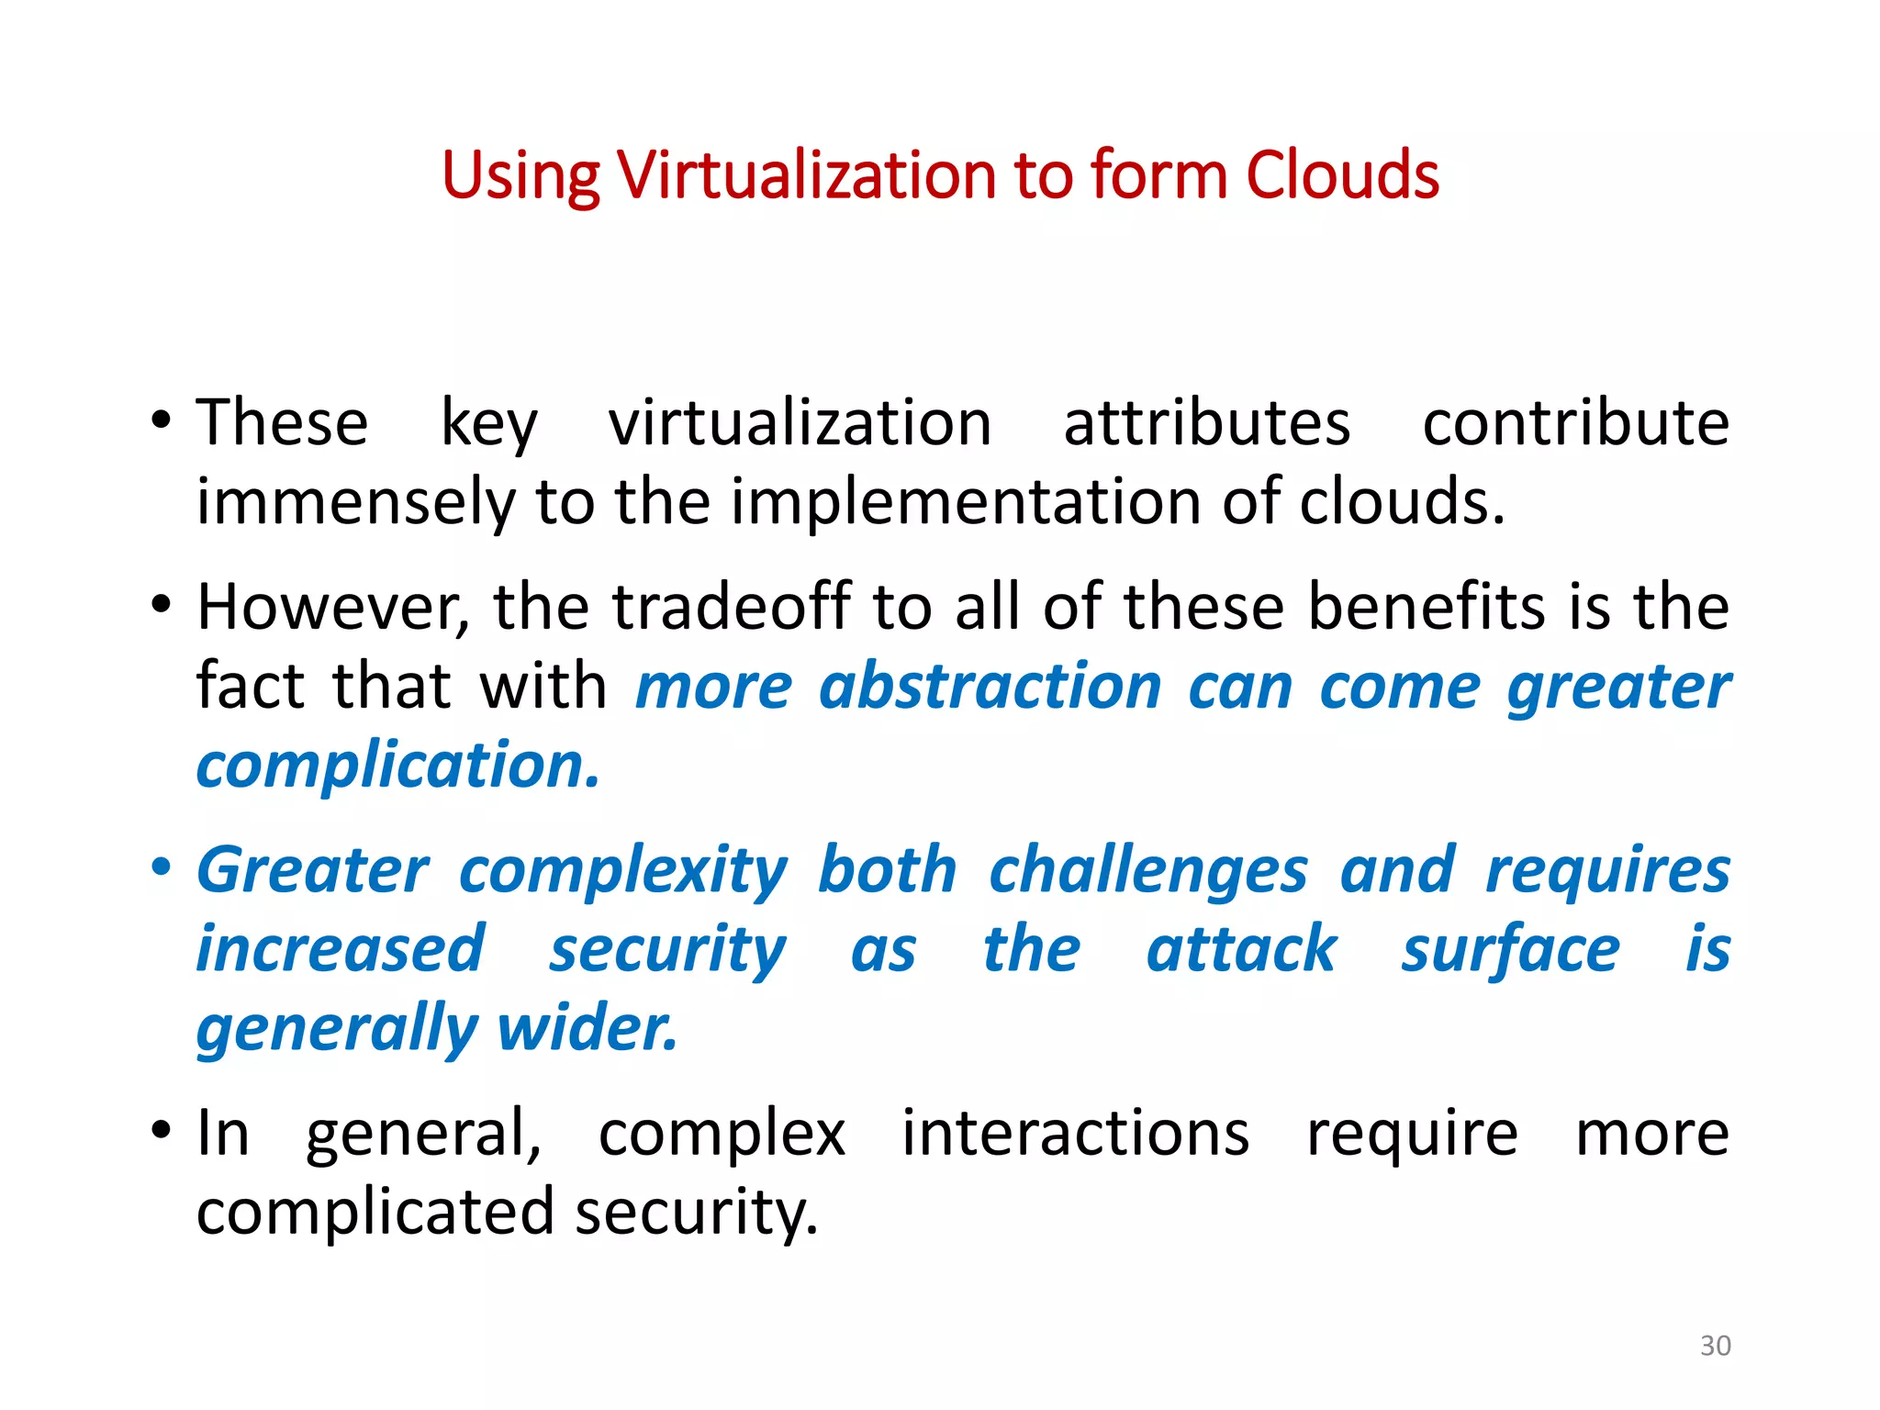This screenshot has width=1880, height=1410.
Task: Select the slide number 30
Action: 1715,1346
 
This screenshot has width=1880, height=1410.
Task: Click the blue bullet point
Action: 162,867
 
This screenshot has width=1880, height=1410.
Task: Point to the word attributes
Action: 1206,423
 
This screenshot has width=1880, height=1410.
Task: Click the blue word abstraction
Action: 990,687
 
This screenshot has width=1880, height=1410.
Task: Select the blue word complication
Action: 397,766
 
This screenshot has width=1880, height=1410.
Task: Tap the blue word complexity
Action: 623,870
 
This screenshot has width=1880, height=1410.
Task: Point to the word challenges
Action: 1147,870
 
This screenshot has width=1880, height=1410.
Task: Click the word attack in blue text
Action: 1241,949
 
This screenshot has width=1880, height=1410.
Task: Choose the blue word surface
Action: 1510,949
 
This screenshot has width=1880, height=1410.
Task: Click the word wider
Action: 587,1028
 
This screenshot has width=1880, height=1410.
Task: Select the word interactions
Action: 1075,1134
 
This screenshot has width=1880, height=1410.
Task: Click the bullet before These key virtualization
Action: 162,422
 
